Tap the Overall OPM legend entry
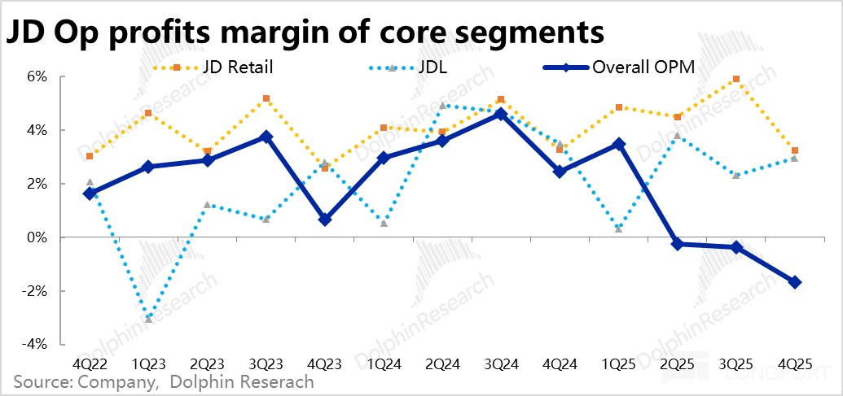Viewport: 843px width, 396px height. (x=644, y=68)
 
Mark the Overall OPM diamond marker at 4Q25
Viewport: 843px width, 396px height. (x=795, y=282)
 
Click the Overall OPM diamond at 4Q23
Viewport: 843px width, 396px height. (x=325, y=220)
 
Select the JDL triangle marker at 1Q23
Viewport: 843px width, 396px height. (x=148, y=319)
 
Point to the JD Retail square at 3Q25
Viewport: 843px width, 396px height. (x=736, y=80)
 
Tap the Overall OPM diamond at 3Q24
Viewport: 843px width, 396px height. (x=501, y=115)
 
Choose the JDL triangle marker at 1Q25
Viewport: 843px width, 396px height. (x=619, y=229)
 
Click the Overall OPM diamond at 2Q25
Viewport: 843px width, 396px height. (x=678, y=244)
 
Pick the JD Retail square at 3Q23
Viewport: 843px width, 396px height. (x=266, y=99)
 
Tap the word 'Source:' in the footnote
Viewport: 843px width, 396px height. (x=37, y=381)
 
